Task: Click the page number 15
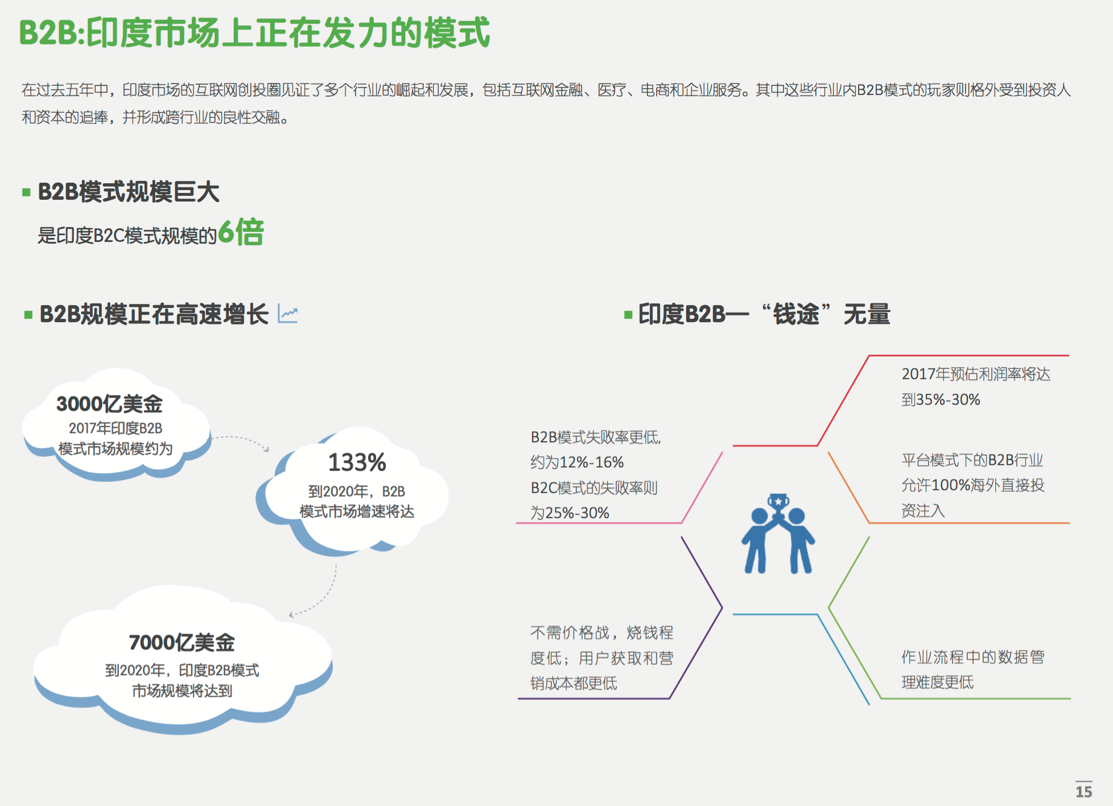tap(1083, 791)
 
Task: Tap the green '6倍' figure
tap(241, 232)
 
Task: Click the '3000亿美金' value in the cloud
tap(109, 404)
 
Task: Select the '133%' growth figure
tap(357, 462)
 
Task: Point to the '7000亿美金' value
tap(182, 642)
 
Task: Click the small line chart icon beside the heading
tap(288, 314)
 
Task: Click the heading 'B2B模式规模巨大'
tap(129, 192)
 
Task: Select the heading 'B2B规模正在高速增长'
tap(154, 314)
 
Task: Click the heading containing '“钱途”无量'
tap(764, 314)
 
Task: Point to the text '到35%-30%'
tap(941, 400)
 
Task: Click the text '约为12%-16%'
tap(577, 462)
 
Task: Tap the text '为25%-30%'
tap(570, 513)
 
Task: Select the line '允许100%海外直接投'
tap(973, 485)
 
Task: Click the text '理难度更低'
tap(937, 682)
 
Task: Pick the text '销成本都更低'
tap(574, 683)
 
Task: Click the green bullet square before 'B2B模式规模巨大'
tap(26, 192)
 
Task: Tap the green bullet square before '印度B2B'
tap(628, 315)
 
